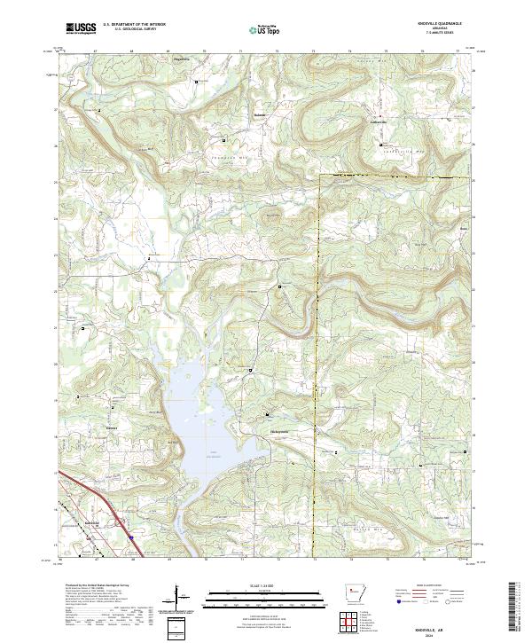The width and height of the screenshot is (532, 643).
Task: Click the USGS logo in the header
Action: tap(81, 29)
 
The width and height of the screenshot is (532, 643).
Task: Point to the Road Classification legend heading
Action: tap(424, 586)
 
